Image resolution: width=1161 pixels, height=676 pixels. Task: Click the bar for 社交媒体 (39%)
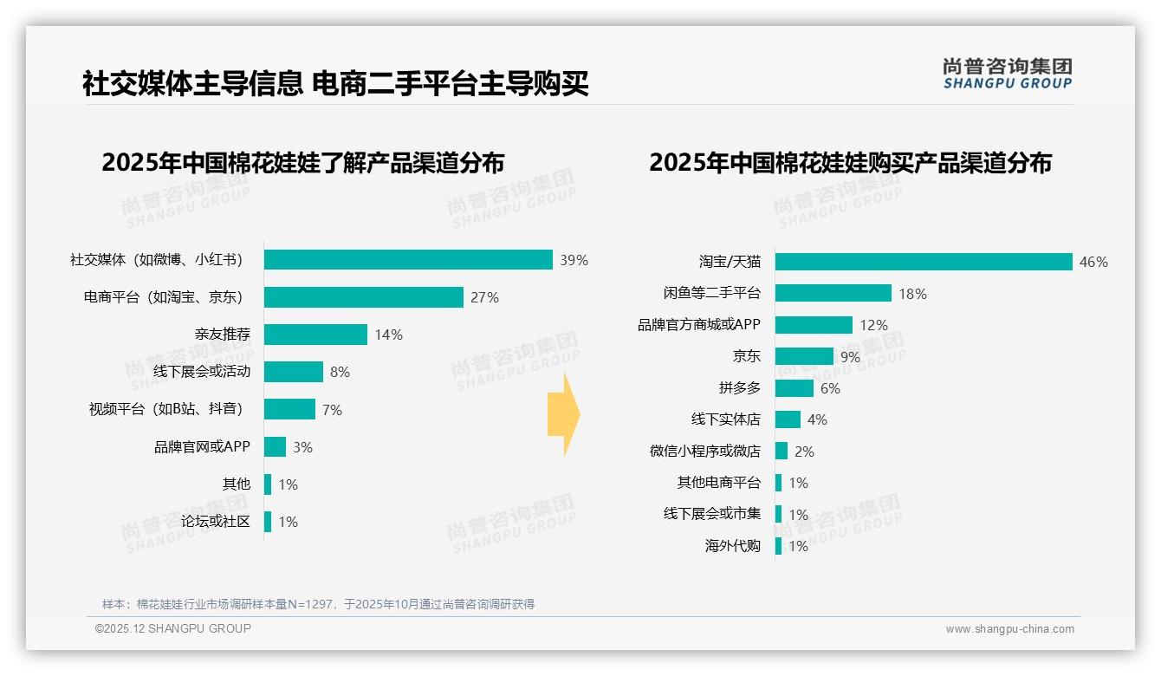[x=408, y=260]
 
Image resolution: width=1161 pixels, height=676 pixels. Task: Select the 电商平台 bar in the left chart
[x=363, y=297]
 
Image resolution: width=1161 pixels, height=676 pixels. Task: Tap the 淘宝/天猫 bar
[x=924, y=262]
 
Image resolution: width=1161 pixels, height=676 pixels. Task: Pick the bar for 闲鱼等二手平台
[x=833, y=293]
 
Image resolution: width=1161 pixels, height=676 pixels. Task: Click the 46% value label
[x=1093, y=262]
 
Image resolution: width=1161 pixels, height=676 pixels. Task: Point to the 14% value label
[x=388, y=335]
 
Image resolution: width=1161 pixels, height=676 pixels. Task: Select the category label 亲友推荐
[x=223, y=335]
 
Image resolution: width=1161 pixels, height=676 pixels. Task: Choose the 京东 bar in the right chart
[x=804, y=356]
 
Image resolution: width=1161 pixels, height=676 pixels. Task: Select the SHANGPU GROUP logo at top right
[x=1007, y=74]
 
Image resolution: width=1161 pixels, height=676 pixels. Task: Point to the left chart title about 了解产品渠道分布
[x=302, y=163]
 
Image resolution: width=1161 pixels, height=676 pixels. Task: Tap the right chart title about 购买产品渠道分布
[x=850, y=163]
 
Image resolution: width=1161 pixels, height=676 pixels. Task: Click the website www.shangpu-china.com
[x=1009, y=629]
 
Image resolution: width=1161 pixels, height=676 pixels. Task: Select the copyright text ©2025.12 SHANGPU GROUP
[x=173, y=629]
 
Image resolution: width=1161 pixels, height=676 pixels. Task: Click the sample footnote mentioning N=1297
[x=318, y=604]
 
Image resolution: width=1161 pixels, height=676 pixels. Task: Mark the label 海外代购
[x=732, y=546]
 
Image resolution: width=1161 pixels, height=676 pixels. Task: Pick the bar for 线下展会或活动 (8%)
[x=293, y=372]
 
